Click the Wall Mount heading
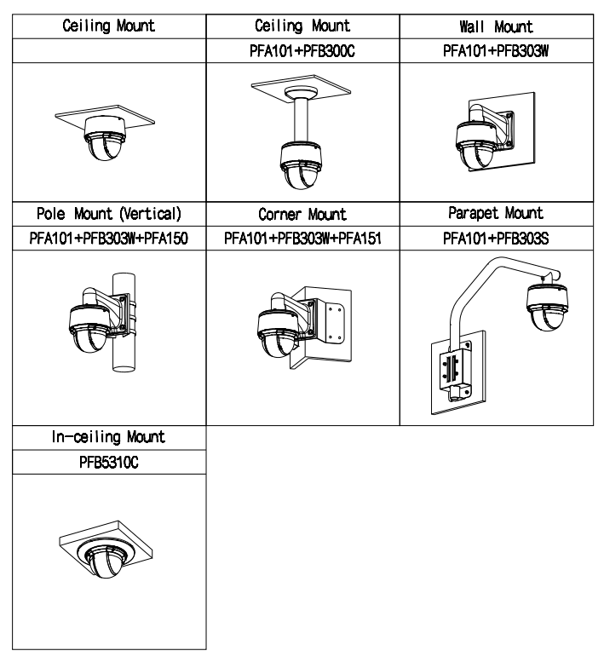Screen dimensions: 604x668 point(496,27)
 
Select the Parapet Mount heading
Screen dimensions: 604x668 point(496,213)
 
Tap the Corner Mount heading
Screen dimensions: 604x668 point(302,214)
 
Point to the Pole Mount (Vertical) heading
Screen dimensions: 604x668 point(109,213)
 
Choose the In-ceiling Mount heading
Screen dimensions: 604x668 point(109,436)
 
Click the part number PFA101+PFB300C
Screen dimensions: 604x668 point(302,51)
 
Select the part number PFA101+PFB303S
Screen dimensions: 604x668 point(496,239)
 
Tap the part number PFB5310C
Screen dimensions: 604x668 point(109,462)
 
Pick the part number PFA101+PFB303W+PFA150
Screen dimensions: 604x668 point(109,239)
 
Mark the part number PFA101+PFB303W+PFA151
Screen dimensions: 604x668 point(303,239)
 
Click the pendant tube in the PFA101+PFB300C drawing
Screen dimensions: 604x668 point(301,120)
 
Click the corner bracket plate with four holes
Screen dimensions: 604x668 point(336,322)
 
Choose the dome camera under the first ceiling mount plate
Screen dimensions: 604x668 point(105,138)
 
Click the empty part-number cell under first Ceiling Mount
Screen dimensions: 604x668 point(109,51)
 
